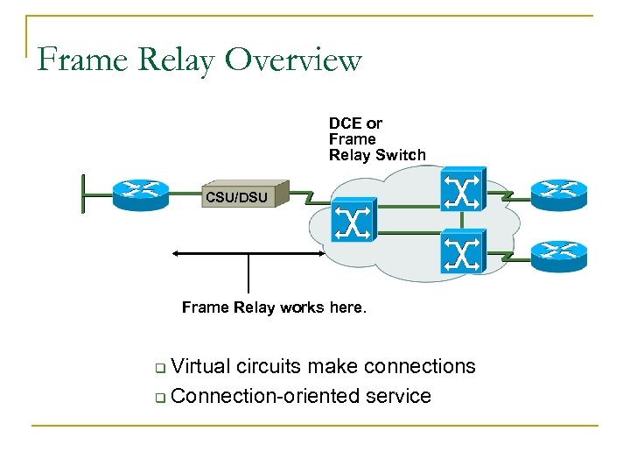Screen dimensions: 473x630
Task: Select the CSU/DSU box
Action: click(236, 196)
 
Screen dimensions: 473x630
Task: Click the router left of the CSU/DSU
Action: click(140, 191)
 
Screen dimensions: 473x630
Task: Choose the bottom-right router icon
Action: click(558, 252)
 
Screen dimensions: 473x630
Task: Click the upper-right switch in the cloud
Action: click(461, 190)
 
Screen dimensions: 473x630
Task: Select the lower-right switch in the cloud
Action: click(461, 251)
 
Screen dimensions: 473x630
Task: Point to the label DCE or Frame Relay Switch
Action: click(376, 139)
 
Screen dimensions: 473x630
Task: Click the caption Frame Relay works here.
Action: click(275, 307)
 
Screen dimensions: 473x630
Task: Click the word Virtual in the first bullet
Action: click(201, 366)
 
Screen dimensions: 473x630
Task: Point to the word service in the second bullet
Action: click(400, 396)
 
